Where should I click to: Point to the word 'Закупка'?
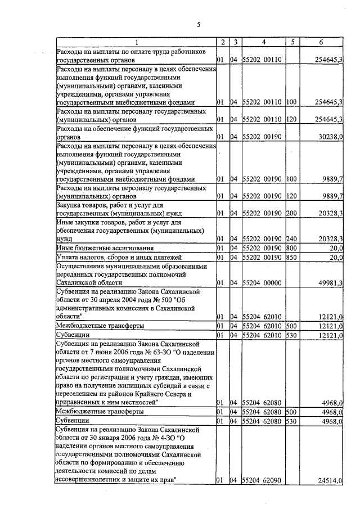coord(70,206)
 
